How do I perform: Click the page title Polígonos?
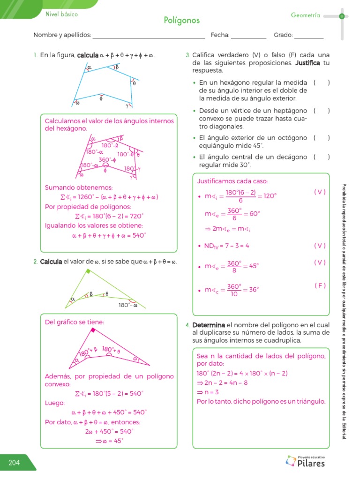click(x=182, y=20)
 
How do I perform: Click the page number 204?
click(x=14, y=463)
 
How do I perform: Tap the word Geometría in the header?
click(x=305, y=15)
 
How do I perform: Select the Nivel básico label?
click(x=61, y=14)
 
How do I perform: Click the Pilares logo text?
click(x=311, y=464)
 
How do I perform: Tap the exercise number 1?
click(x=35, y=56)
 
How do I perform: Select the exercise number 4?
click(x=187, y=325)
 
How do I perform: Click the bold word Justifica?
click(x=307, y=63)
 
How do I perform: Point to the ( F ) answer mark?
click(x=321, y=285)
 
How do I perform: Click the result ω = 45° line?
click(x=112, y=441)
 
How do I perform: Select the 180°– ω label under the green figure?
click(x=127, y=305)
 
